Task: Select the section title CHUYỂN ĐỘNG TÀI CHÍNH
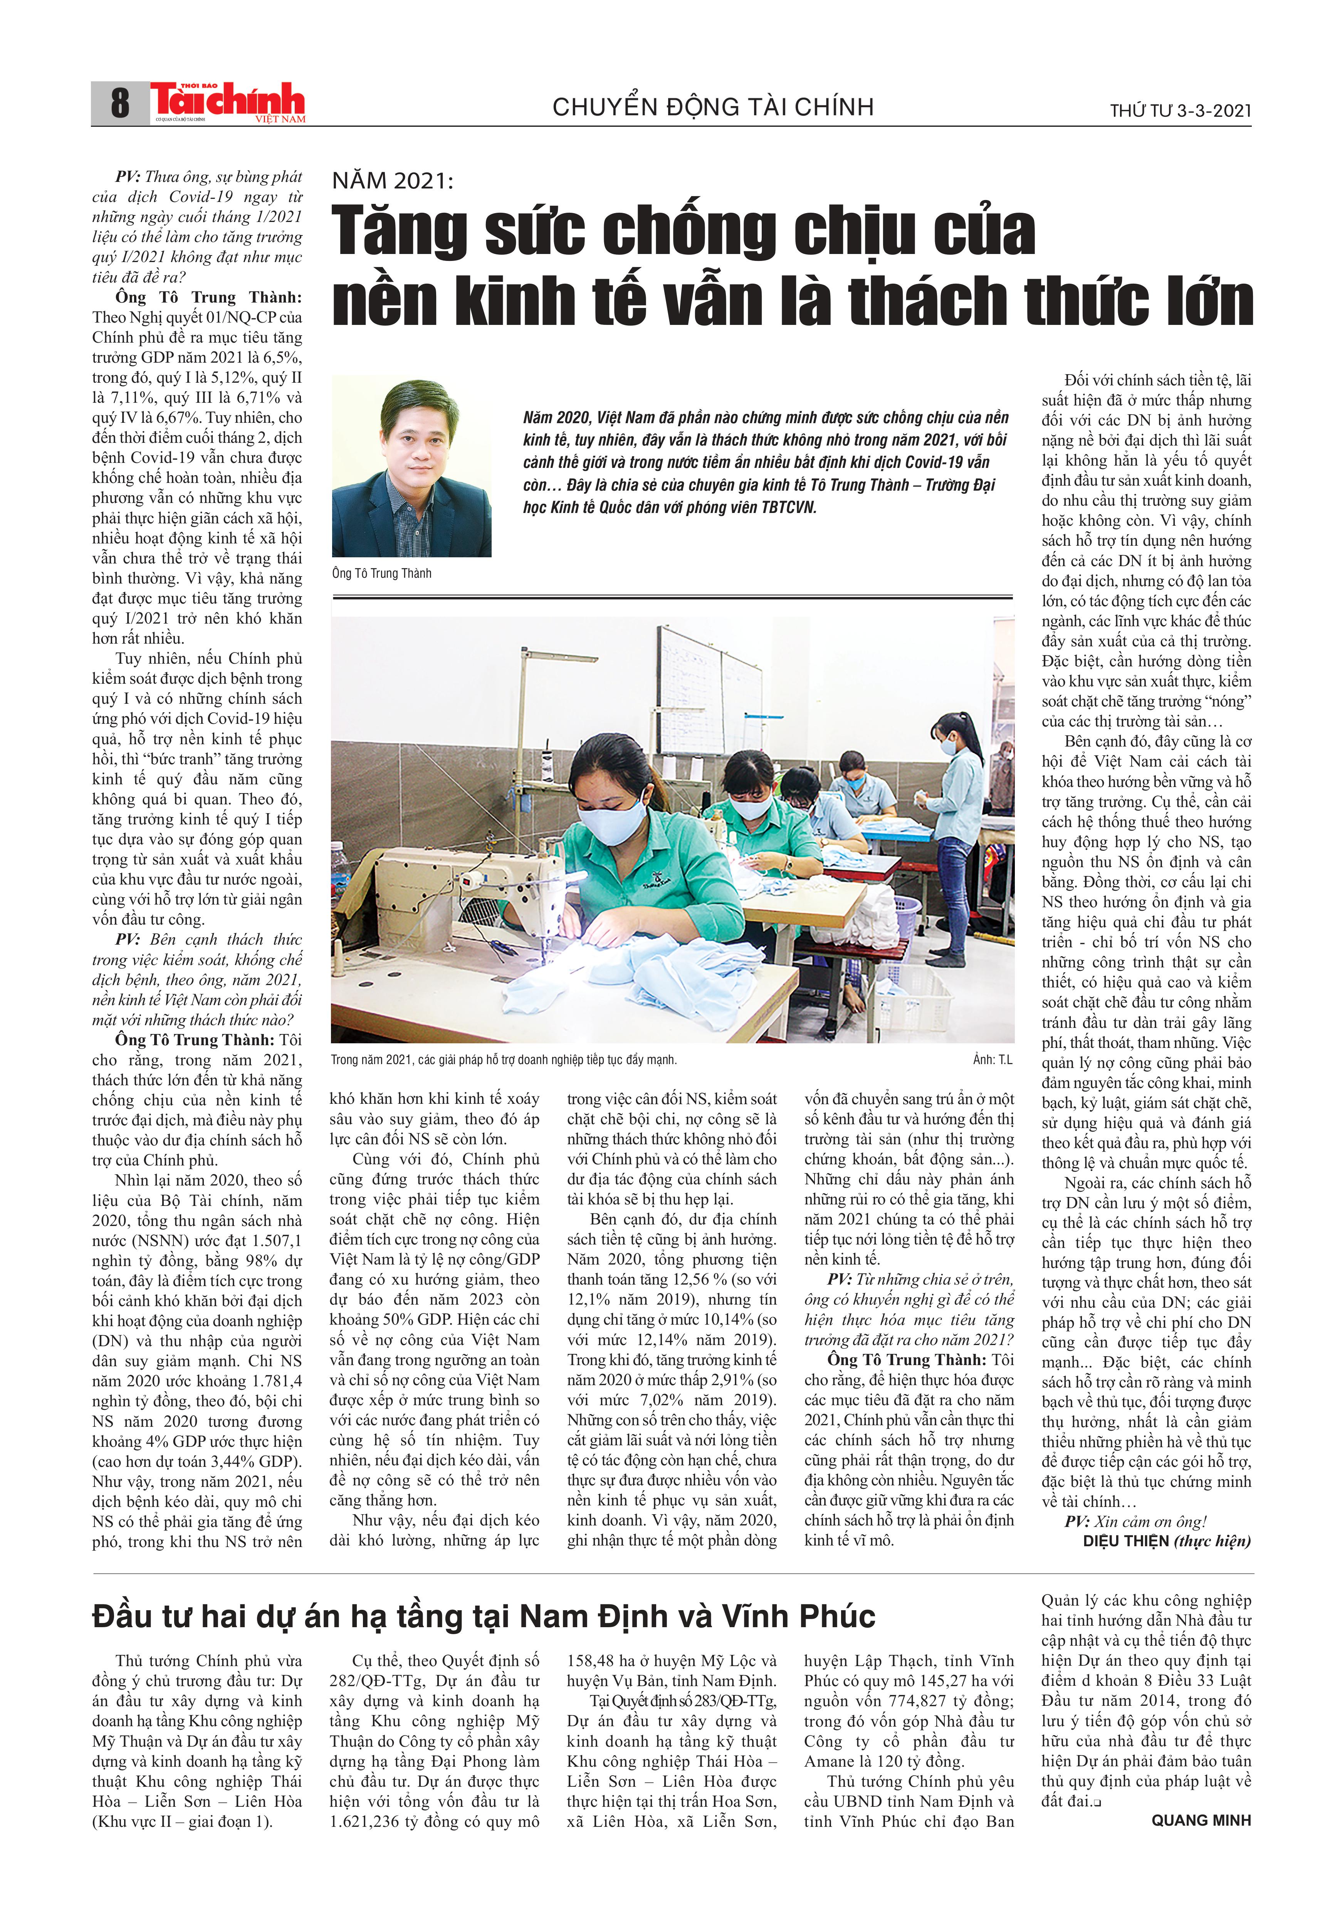click(713, 107)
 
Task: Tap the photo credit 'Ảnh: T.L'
click(993, 1060)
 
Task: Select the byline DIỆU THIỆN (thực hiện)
click(1166, 1540)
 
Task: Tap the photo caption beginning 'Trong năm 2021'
click(503, 1060)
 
